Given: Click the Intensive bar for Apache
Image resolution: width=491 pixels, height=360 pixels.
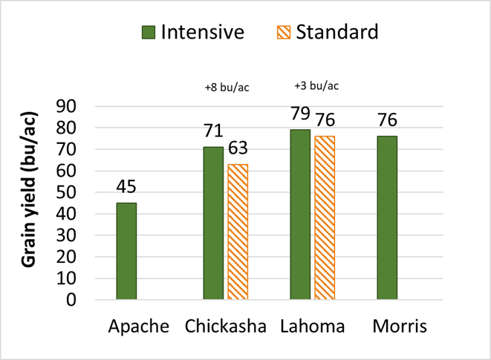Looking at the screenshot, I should pyautogui.click(x=126, y=251).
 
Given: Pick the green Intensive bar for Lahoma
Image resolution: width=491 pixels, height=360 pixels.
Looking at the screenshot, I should pyautogui.click(x=300, y=215).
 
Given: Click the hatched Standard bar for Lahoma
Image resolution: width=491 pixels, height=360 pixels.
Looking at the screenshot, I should pyautogui.click(x=324, y=217).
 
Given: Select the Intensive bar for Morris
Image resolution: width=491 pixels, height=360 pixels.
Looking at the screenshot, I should pyautogui.click(x=387, y=217).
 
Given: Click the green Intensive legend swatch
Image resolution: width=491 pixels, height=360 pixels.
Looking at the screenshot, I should pyautogui.click(x=149, y=33).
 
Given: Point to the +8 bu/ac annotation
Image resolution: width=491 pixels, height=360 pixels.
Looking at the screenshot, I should pyautogui.click(x=227, y=88).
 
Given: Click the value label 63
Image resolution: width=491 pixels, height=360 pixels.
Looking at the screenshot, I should pyautogui.click(x=238, y=147).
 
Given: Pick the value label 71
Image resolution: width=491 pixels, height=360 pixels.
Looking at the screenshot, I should pyautogui.click(x=212, y=131).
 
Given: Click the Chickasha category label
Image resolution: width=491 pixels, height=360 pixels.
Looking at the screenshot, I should pyautogui.click(x=226, y=327).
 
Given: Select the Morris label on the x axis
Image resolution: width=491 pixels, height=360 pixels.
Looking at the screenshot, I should pyautogui.click(x=400, y=327).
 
